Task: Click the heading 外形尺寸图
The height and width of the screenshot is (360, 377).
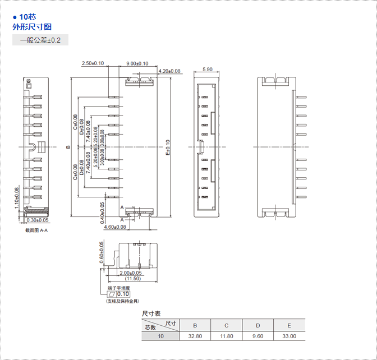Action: coord(33,27)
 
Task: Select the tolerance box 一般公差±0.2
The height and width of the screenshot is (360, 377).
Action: coord(40,40)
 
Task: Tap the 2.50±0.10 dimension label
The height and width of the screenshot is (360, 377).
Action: coord(93,63)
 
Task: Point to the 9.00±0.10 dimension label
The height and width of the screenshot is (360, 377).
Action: coord(137,63)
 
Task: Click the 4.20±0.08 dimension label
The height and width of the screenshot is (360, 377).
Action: coord(170,71)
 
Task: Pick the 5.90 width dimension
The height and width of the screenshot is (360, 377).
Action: coord(207,70)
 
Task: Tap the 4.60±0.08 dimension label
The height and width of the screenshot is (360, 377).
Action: coord(115,227)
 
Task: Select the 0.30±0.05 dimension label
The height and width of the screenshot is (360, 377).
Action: coord(38,220)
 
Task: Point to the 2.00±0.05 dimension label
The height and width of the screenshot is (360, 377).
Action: coord(131,273)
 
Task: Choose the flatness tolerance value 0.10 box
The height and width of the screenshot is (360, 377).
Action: coord(123,294)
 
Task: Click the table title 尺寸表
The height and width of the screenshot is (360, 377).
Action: coord(151,313)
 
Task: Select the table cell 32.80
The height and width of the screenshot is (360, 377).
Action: coord(195,336)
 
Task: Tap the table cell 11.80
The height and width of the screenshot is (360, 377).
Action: coord(226,336)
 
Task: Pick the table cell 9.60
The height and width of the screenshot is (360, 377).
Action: coord(258,336)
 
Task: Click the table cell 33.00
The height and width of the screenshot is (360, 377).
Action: coord(289,336)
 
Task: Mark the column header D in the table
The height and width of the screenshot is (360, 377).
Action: coord(258,325)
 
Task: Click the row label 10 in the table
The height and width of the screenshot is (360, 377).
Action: coord(160,336)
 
